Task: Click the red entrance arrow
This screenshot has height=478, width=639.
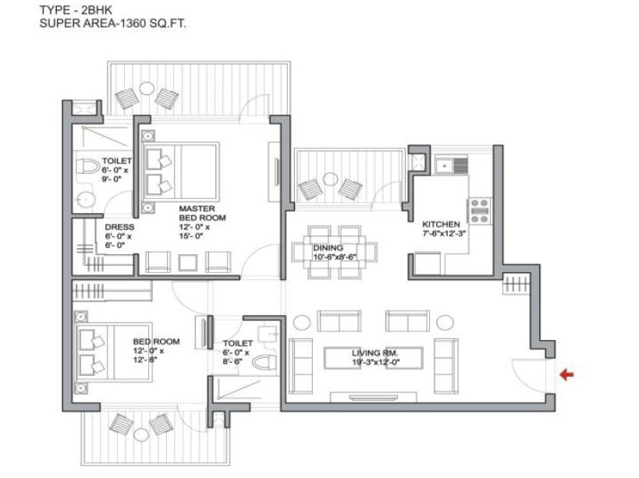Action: (x=567, y=375)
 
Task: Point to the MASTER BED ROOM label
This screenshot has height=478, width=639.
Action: (x=202, y=214)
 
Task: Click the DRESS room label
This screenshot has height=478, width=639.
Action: (x=119, y=227)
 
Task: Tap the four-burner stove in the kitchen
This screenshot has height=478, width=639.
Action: (x=479, y=207)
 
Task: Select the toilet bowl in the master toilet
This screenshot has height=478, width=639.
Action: (x=88, y=168)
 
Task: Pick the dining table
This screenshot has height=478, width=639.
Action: (x=335, y=252)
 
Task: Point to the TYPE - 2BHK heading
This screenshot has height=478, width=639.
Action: (x=81, y=10)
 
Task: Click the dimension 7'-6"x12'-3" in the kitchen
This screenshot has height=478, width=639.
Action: (x=442, y=232)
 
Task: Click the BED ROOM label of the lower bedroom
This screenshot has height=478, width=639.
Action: (x=156, y=342)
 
